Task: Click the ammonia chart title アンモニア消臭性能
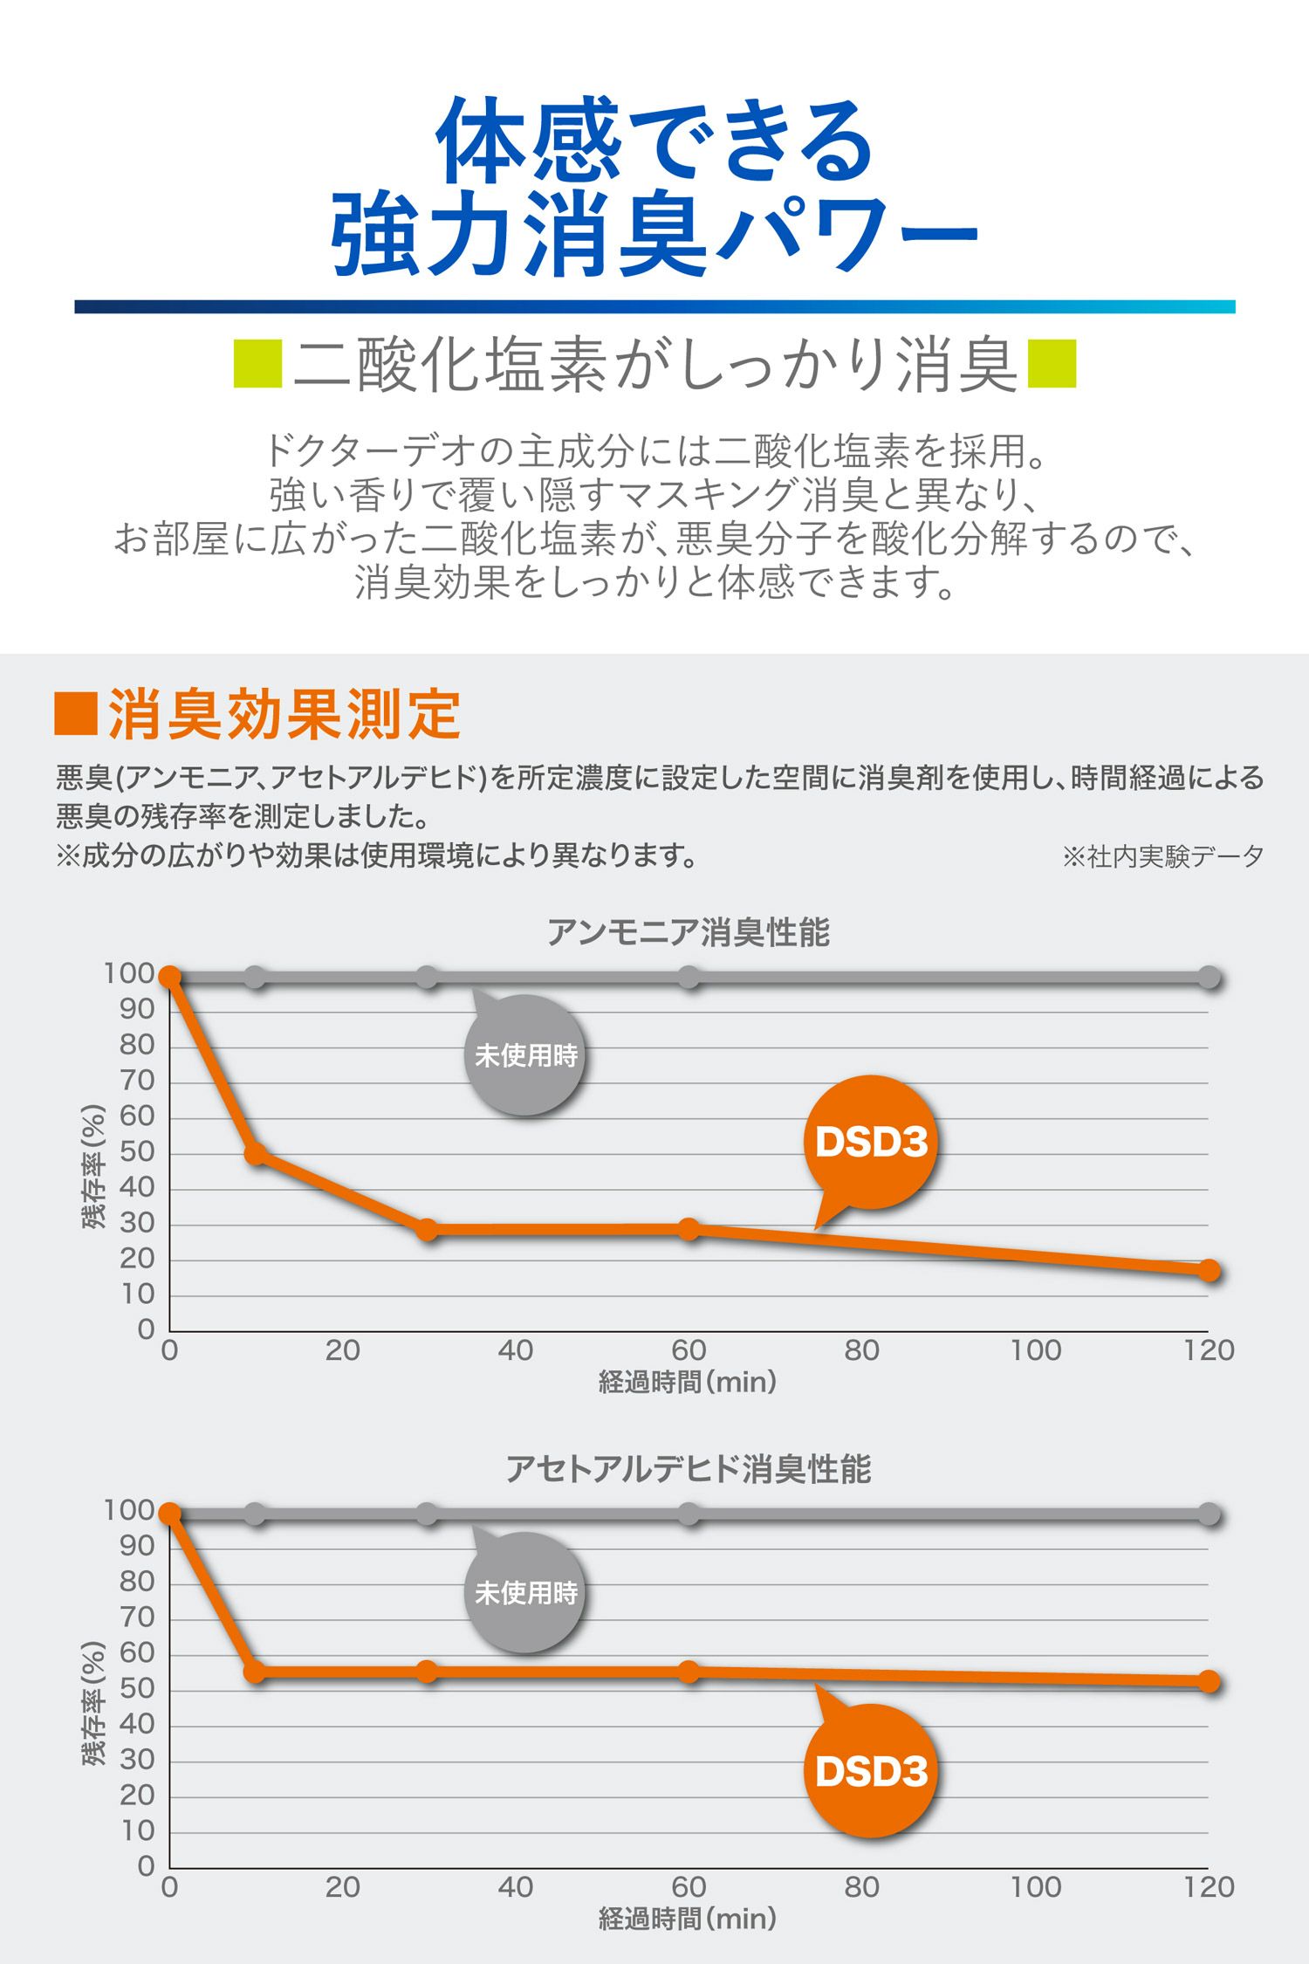click(688, 933)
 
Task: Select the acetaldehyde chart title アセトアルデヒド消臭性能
click(688, 1470)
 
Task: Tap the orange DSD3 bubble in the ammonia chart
click(871, 1143)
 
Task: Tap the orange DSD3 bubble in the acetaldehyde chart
click(871, 1770)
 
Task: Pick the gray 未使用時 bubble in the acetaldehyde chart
click(525, 1593)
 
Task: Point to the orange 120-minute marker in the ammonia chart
click(1209, 1271)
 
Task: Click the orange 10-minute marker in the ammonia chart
click(256, 1154)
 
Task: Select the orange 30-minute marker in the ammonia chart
click(427, 1230)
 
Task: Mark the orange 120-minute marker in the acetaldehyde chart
click(1209, 1682)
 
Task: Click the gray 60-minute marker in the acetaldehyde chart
click(689, 1514)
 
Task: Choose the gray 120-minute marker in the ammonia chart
click(1209, 978)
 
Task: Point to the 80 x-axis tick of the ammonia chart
click(861, 1350)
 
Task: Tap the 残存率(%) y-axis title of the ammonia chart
click(94, 1167)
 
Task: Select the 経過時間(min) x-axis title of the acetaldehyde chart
click(688, 1919)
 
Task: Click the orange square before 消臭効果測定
click(76, 714)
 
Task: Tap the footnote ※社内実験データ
click(1162, 856)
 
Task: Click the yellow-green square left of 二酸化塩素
click(257, 364)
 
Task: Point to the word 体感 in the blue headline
click(528, 141)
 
